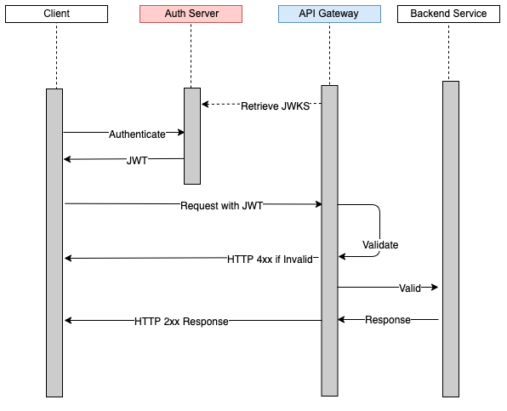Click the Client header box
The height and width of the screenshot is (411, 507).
[55, 14]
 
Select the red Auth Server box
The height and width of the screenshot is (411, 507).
[191, 14]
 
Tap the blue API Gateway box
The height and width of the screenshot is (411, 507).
[329, 14]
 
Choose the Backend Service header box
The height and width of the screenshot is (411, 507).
[448, 14]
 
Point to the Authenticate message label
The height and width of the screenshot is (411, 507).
[137, 134]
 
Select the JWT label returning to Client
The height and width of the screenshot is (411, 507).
[137, 160]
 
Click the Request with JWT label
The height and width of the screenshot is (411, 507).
[220, 205]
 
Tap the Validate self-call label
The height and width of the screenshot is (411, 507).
[380, 244]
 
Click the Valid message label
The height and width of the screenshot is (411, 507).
[410, 288]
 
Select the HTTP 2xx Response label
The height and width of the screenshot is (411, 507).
[181, 321]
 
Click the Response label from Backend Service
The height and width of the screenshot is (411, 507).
[388, 320]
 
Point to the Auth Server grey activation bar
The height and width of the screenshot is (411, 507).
[192, 136]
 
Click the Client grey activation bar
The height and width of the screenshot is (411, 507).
[54, 243]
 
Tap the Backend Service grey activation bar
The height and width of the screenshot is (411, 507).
[451, 238]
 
